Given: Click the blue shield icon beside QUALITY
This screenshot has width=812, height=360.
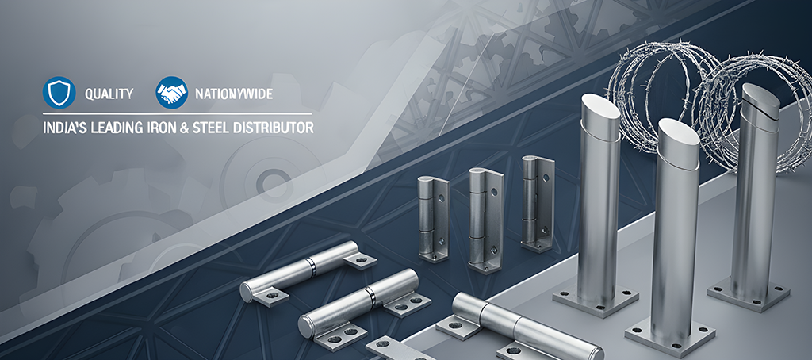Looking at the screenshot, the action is point(59,93).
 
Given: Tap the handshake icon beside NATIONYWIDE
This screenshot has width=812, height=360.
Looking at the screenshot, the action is point(171,93).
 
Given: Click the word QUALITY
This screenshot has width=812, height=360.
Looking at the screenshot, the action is point(109,94).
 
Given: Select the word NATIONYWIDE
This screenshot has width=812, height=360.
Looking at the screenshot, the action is point(234,94).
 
